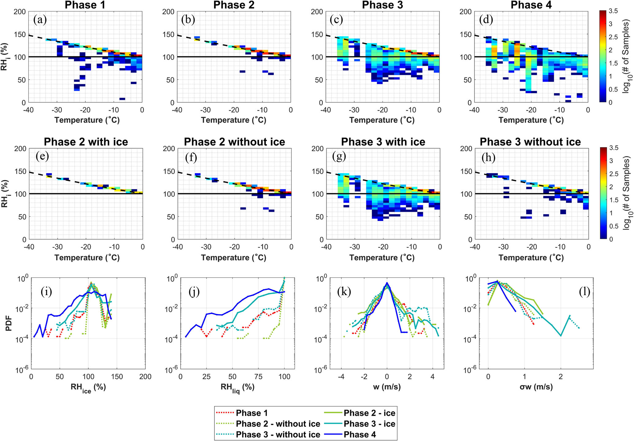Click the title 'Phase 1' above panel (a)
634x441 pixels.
click(85, 5)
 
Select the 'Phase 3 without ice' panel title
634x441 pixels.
click(530, 142)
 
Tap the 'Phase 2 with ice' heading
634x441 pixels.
click(86, 142)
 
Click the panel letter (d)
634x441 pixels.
click(486, 20)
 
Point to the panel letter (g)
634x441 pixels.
click(339, 157)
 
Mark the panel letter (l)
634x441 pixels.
click(584, 292)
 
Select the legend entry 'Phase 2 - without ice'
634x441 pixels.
click(278, 424)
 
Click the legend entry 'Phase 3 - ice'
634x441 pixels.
click(369, 424)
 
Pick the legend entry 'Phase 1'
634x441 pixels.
click(252, 413)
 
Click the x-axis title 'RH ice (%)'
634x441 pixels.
click(88, 388)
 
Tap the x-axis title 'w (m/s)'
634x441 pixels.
click(387, 387)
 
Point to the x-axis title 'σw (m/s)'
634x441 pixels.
click(536, 387)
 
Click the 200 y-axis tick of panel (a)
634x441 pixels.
click(20, 12)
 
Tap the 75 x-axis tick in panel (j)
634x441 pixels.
click(259, 377)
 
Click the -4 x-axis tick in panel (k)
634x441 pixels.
click(341, 377)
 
